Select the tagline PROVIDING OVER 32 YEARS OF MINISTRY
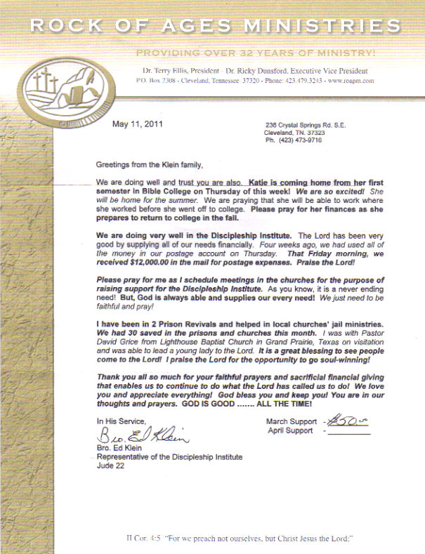[255, 53]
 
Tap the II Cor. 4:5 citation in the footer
[142, 539]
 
